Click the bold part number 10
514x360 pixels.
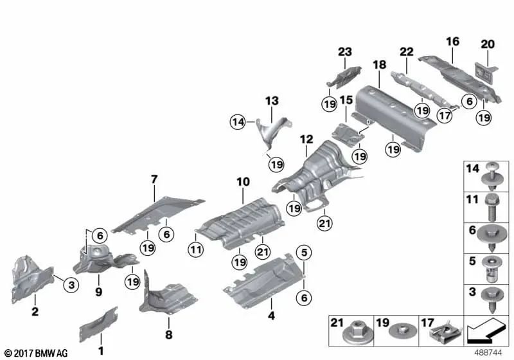pos(242,183)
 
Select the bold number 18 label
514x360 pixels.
pos(378,65)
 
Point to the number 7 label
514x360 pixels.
pos(154,178)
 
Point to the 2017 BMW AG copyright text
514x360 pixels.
pos(35,353)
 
